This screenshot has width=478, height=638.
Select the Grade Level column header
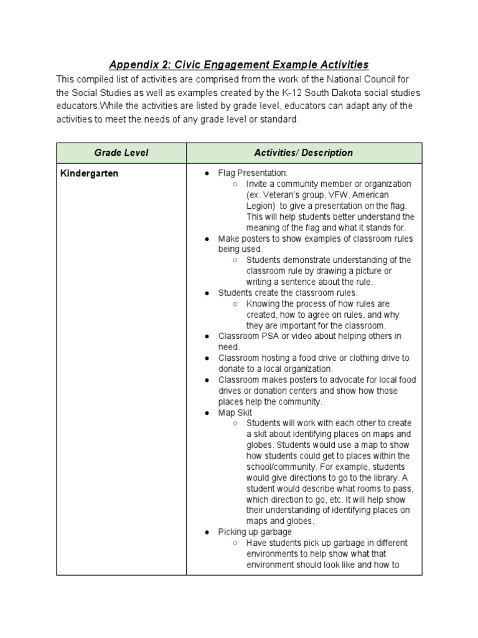[x=121, y=153]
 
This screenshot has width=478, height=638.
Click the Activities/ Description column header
[x=304, y=153]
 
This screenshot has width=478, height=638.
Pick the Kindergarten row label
[x=89, y=174]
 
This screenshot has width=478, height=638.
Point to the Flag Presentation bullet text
[x=253, y=173]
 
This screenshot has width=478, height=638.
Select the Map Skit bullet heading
[x=235, y=412]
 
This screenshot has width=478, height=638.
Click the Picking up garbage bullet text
[x=255, y=532]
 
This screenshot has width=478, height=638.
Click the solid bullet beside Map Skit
[x=206, y=412]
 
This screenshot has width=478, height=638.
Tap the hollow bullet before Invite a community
[x=235, y=184]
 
